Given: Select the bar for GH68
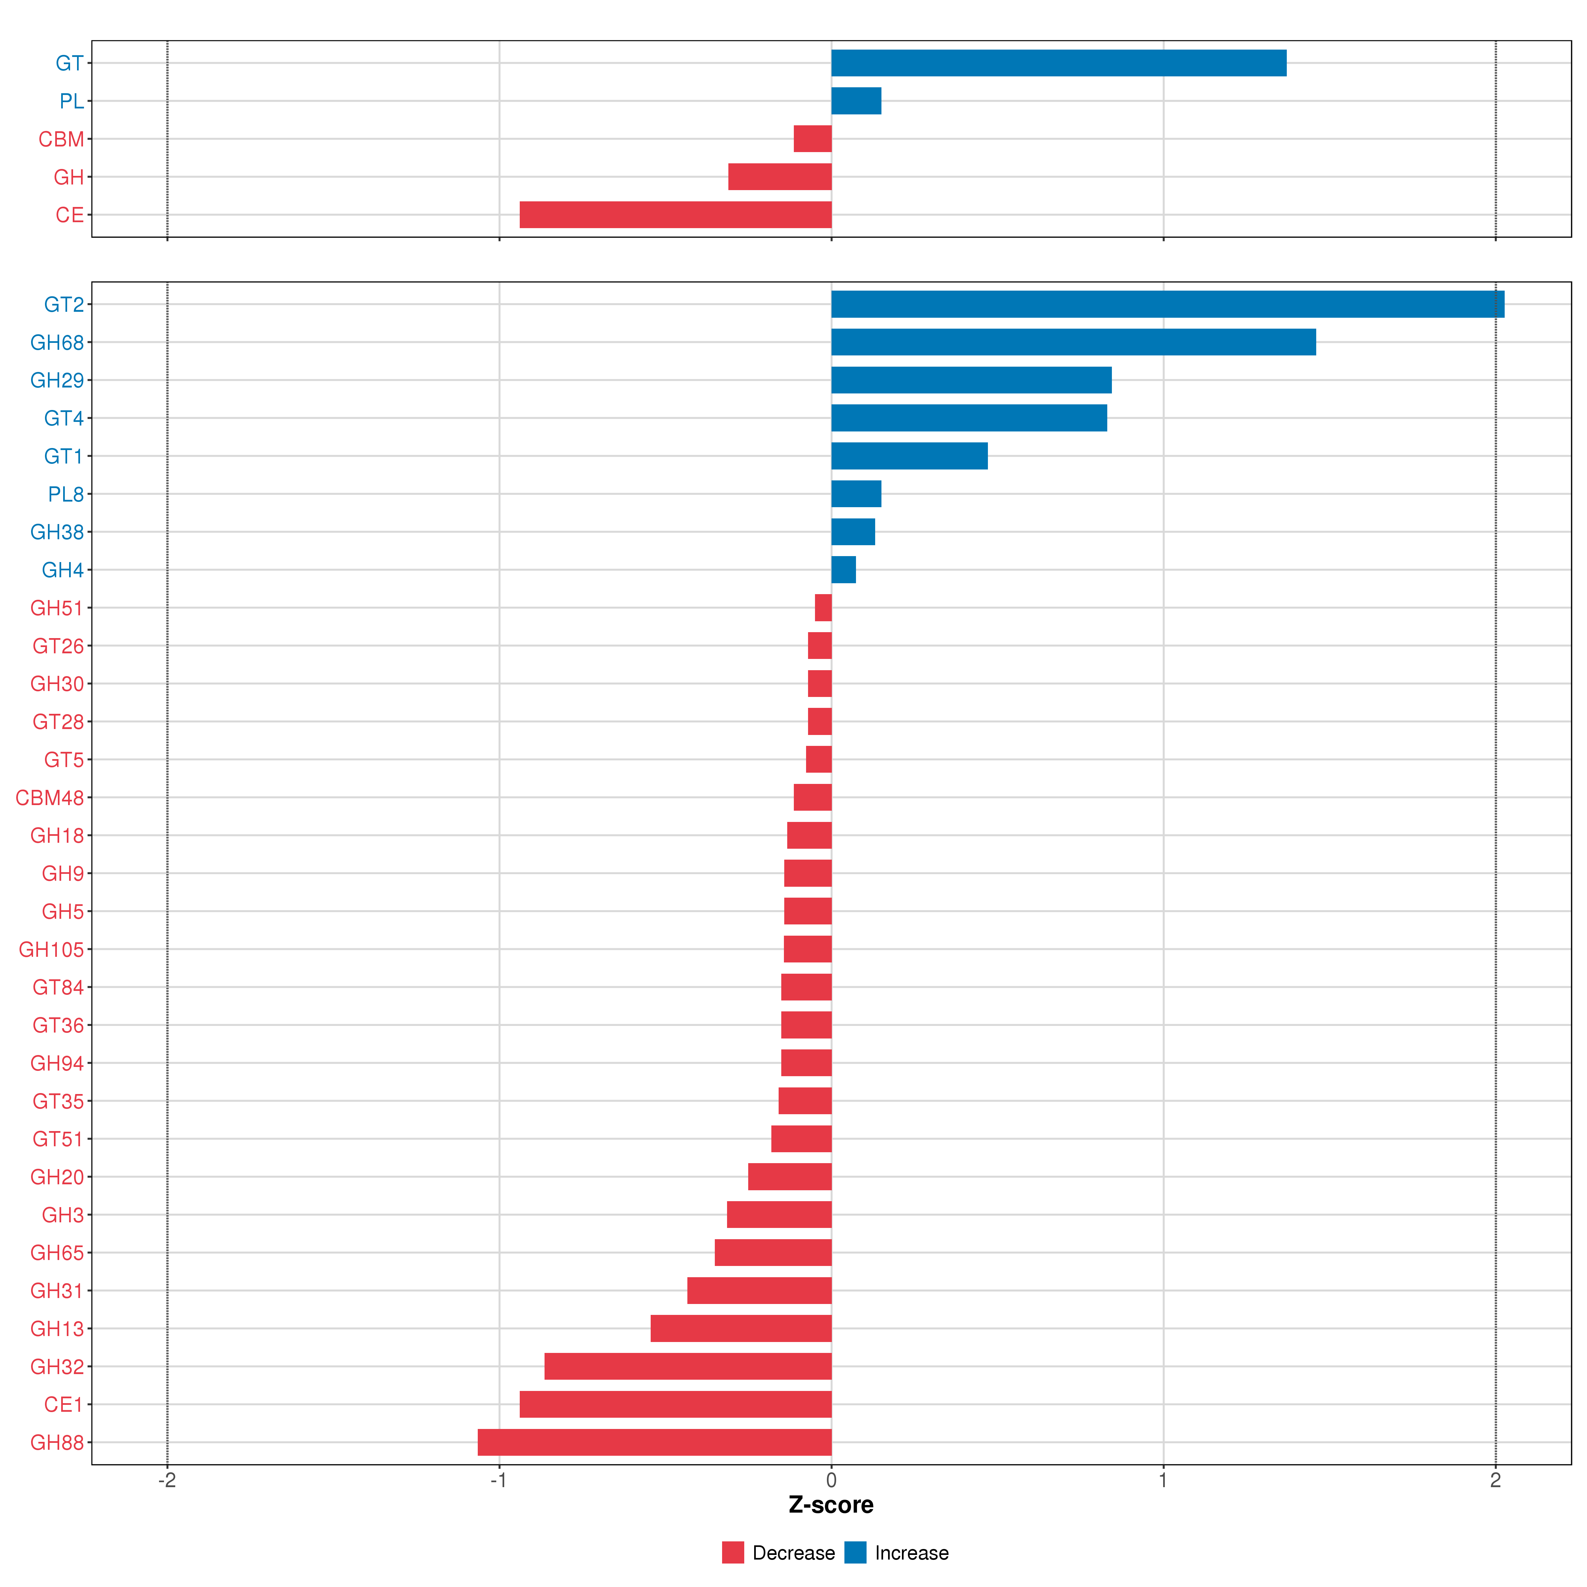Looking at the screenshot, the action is pyautogui.click(x=1074, y=342).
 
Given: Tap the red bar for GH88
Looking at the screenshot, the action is pyautogui.click(x=655, y=1443).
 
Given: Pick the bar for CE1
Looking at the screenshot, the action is pyautogui.click(x=675, y=1404).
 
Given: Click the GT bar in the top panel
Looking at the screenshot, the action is pyautogui.click(x=1059, y=62).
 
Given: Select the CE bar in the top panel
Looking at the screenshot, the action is pyautogui.click(x=675, y=214).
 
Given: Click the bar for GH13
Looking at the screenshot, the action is pyautogui.click(x=741, y=1328).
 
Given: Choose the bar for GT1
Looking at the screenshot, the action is pyautogui.click(x=909, y=456).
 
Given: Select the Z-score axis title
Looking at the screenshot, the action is pyautogui.click(x=831, y=1505).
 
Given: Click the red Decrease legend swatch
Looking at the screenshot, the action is pyautogui.click(x=733, y=1553).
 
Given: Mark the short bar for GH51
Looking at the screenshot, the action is pyautogui.click(x=823, y=608).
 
